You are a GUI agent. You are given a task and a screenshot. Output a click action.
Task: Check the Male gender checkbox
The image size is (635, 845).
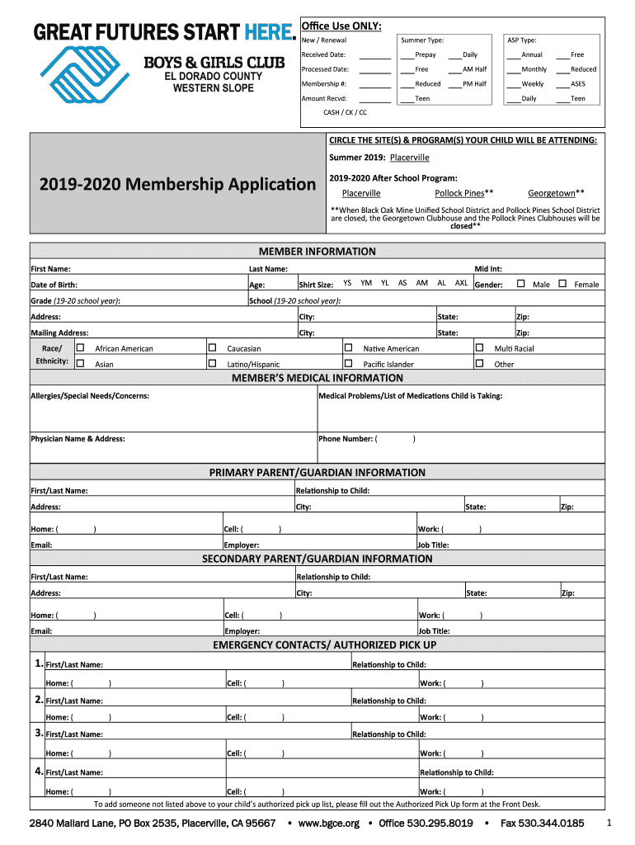[520, 284]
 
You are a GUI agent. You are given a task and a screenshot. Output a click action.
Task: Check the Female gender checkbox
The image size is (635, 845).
[562, 284]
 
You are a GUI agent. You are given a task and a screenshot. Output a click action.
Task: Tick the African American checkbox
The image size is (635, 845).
[80, 348]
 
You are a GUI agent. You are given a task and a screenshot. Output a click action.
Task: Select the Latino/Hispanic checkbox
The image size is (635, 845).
[212, 364]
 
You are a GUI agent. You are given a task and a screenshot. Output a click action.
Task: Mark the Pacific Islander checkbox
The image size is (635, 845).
[348, 364]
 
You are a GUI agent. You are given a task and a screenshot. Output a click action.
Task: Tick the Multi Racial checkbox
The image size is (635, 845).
[479, 348]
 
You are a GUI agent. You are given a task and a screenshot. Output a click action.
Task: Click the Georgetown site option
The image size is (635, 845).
[556, 193]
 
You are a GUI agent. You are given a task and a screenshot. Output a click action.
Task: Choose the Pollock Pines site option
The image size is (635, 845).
[463, 193]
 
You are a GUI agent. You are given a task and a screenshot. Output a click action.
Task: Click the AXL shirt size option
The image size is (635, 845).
[461, 283]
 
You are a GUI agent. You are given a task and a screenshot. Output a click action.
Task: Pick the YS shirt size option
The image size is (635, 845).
[347, 283]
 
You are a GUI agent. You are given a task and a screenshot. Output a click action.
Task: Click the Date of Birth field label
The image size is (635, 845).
[54, 285]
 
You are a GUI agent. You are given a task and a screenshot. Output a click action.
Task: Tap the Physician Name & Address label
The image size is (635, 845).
[78, 439]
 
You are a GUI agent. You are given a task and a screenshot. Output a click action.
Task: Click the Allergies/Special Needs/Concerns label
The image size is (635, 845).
[90, 396]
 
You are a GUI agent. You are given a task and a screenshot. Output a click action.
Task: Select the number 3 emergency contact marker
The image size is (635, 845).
[39, 733]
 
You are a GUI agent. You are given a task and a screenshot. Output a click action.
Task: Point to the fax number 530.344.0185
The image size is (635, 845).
[542, 824]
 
